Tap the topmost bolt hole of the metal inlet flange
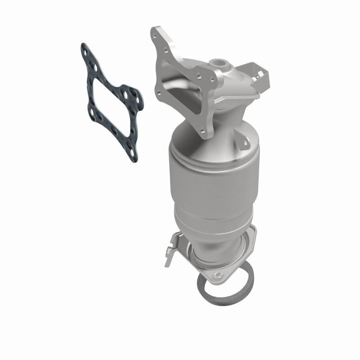(155, 33)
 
